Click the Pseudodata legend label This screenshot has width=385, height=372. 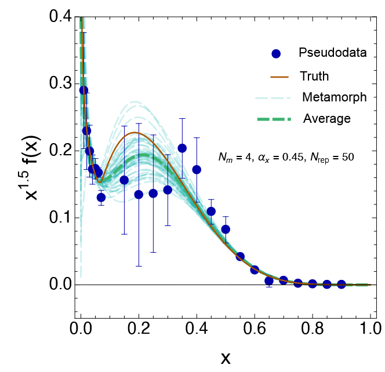[333, 53]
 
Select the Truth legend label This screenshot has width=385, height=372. [314, 76]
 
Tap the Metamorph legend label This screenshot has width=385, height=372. [335, 97]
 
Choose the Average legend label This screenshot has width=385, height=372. [326, 119]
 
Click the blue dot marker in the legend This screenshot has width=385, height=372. [276, 54]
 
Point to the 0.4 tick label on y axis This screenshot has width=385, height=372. [59, 17]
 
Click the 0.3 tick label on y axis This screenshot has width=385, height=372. [59, 84]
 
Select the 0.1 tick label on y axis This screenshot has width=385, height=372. [59, 218]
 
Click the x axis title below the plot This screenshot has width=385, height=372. [226, 358]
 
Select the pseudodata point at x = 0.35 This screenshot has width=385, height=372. [182, 148]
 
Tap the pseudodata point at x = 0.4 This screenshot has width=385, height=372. [197, 170]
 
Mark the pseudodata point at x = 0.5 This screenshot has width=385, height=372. [226, 229]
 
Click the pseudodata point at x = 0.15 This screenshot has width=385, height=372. [124, 180]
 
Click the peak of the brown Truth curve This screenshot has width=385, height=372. [135, 133]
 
